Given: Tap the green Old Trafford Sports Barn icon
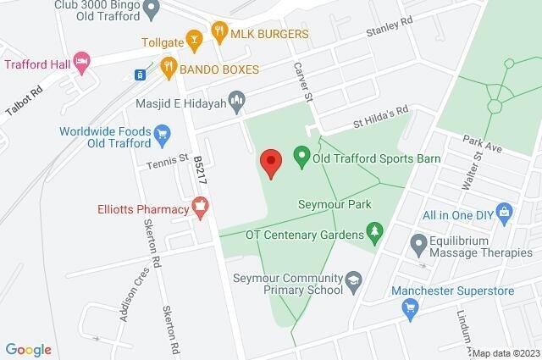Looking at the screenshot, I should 300,156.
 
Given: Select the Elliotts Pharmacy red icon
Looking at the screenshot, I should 200,204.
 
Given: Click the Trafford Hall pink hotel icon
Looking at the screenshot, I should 81,62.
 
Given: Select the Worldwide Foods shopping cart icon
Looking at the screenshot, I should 163,133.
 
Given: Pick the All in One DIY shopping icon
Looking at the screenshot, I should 505,209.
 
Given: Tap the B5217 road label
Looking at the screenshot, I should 199,166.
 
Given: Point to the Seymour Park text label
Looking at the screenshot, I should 325,204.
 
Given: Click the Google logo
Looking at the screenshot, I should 28,349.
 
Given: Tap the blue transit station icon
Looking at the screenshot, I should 139,74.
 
